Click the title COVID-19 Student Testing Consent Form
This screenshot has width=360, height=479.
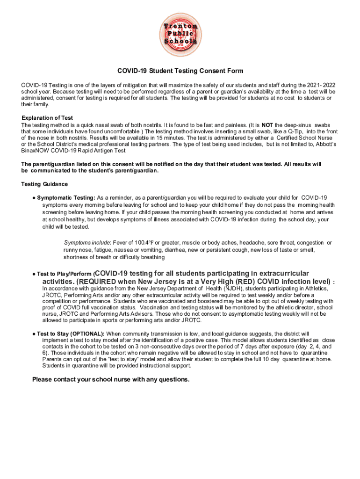click(180, 71)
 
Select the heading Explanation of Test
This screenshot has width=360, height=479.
click(47, 117)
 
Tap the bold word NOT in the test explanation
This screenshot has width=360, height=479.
click(267, 125)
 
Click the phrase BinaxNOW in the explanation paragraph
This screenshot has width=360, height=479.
click(36, 151)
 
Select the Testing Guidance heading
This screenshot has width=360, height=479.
click(44, 184)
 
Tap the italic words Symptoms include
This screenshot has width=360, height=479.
click(86, 243)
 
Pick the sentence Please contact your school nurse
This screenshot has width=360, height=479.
click(111, 379)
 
